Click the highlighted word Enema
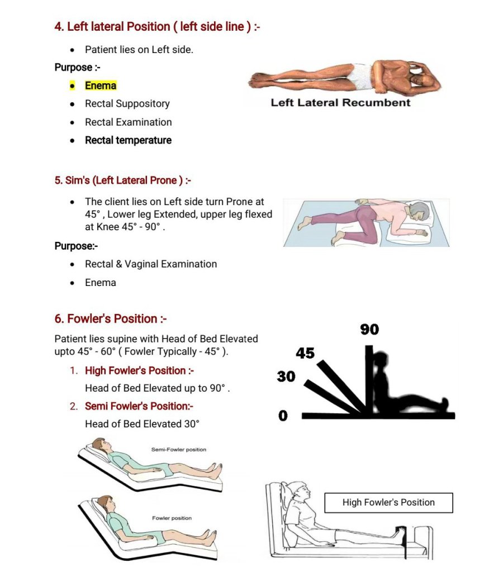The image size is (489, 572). (x=101, y=85)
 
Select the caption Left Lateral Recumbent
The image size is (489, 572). (x=340, y=103)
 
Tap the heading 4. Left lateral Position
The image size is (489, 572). (x=157, y=27)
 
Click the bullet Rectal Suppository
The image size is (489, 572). (x=127, y=104)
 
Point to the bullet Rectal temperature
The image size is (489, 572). (x=128, y=140)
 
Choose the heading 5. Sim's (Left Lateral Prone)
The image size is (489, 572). (x=123, y=180)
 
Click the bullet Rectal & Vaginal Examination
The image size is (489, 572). (x=150, y=264)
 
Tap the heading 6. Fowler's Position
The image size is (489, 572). (x=111, y=319)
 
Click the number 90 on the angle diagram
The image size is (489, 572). (x=369, y=330)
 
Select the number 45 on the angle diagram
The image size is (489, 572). (x=305, y=353)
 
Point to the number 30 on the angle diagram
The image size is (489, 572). (x=286, y=377)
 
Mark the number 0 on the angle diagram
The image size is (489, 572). (x=283, y=416)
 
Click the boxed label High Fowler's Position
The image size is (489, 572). (x=388, y=502)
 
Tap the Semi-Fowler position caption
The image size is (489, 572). (x=178, y=450)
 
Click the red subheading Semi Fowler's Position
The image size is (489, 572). (x=139, y=406)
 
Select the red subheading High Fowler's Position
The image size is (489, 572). (x=139, y=370)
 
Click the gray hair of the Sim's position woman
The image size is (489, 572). (x=420, y=213)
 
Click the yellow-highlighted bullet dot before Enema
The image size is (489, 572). (x=72, y=86)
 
